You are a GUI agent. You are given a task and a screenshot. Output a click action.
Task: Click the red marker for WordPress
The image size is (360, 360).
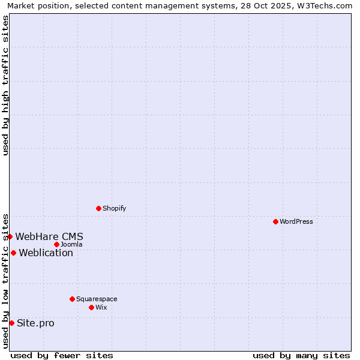pos(275,221)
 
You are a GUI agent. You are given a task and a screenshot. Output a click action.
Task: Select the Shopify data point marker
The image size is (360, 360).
pos(98,208)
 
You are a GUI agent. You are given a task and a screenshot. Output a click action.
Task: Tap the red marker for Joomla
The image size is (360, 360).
pos(56,244)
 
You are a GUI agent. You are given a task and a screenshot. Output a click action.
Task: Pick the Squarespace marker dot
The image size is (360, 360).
pos(72,299)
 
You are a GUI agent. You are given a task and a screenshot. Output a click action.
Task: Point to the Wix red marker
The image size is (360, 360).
pos(91,307)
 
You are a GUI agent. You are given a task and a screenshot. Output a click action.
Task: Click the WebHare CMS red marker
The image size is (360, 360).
pos(10,236)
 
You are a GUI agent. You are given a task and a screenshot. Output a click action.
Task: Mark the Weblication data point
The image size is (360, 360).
pos(13,253)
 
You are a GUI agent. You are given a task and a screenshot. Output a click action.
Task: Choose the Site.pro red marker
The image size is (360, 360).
pos(11,323)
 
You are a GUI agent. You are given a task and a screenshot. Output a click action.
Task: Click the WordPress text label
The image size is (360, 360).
pos(296,221)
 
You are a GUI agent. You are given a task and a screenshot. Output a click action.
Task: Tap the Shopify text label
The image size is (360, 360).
pos(115,208)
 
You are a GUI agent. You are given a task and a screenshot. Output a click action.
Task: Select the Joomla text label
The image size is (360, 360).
pos(71,244)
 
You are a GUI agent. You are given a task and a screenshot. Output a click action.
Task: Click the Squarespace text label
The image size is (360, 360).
pos(97,299)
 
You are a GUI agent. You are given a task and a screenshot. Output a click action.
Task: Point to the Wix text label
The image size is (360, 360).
pos(101,307)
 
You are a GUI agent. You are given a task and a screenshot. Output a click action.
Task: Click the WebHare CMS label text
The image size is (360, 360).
pos(49,236)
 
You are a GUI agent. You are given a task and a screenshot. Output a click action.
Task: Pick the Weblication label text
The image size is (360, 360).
pos(46,253)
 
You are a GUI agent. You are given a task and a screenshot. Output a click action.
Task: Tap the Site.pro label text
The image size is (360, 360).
pos(35,323)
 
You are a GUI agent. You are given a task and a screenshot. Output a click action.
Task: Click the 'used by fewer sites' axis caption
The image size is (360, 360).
pos(62,355)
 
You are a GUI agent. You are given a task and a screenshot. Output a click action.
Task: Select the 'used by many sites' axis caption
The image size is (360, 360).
pos(301,355)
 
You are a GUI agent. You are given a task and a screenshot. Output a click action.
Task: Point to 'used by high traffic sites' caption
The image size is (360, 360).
pos(6,85)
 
